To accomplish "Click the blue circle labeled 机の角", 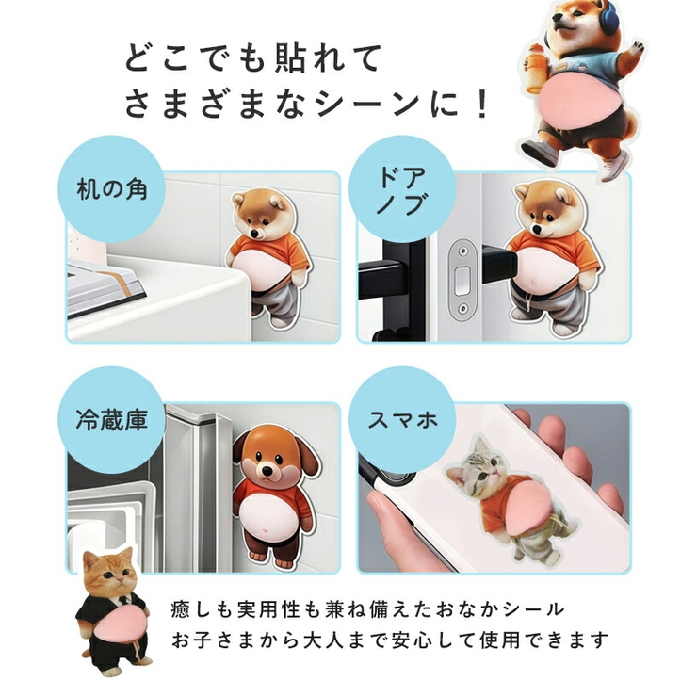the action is [x=111, y=189].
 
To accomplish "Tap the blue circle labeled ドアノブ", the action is [x=402, y=189].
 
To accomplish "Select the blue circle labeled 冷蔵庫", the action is [x=111, y=420].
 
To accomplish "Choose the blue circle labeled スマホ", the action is [x=402, y=420].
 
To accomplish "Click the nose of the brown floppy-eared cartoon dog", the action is [x=267, y=470].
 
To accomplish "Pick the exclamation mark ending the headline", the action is [x=481, y=104].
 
